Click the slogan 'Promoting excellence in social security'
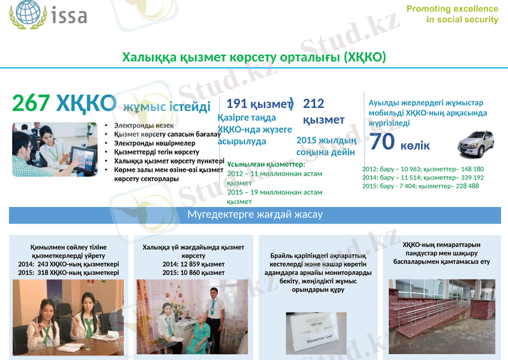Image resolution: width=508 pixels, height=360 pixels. pos(452,14)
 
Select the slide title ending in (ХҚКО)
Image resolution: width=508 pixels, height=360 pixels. pos(254,58)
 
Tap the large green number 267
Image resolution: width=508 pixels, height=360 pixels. pos(31,103)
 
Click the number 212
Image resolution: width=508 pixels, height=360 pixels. pos(313,103)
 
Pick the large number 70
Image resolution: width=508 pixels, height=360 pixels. pos(382,142)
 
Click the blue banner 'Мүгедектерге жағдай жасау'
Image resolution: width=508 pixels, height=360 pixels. pos(255,215)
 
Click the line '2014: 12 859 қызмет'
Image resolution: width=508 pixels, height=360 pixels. pos(193,264)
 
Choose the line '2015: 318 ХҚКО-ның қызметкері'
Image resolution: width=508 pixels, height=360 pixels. pos(69,272)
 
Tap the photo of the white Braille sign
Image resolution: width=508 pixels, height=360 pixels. pos(316,332)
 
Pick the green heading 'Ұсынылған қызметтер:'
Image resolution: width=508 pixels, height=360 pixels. pos(266,164)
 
